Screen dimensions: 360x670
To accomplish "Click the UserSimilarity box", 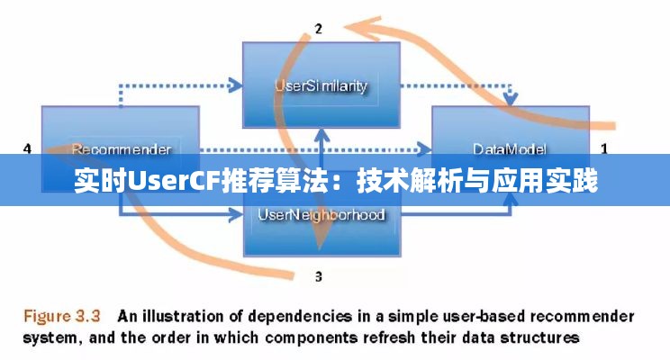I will pyautogui.click(x=321, y=86).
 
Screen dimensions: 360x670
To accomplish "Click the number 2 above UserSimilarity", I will pyautogui.click(x=318, y=29).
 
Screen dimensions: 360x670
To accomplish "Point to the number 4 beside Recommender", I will pyautogui.click(x=27, y=148).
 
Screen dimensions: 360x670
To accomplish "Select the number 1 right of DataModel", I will pyautogui.click(x=604, y=147).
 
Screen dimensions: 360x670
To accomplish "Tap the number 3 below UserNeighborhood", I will pyautogui.click(x=318, y=275).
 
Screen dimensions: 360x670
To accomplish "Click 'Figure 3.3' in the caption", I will pyautogui.click(x=60, y=317).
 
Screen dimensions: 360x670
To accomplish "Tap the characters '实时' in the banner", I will pyautogui.click(x=100, y=183).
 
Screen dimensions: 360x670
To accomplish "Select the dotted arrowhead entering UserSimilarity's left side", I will pyautogui.click(x=235, y=86).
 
